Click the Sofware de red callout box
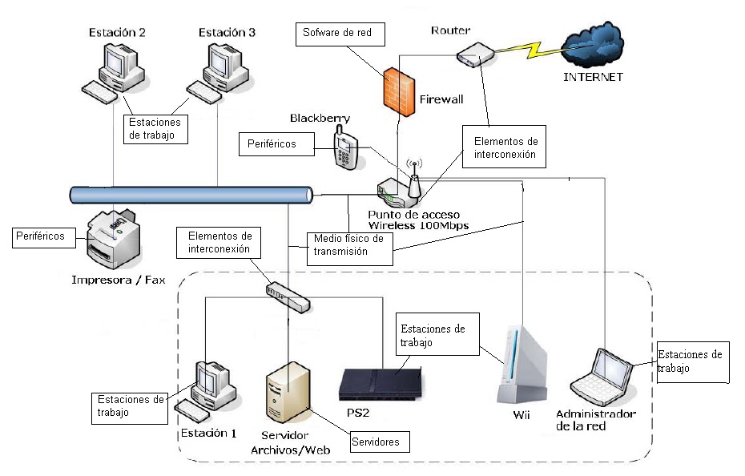tap(340, 34)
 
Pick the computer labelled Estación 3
tap(219, 72)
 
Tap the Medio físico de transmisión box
tap(350, 250)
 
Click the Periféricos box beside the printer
tap(50, 236)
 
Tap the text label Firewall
tap(441, 100)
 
